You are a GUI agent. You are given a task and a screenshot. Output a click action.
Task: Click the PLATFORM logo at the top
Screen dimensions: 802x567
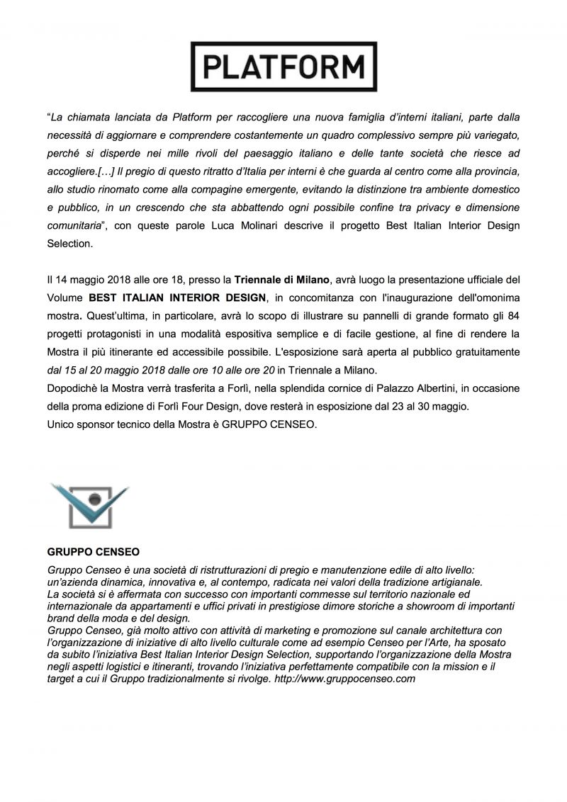[283, 66]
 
